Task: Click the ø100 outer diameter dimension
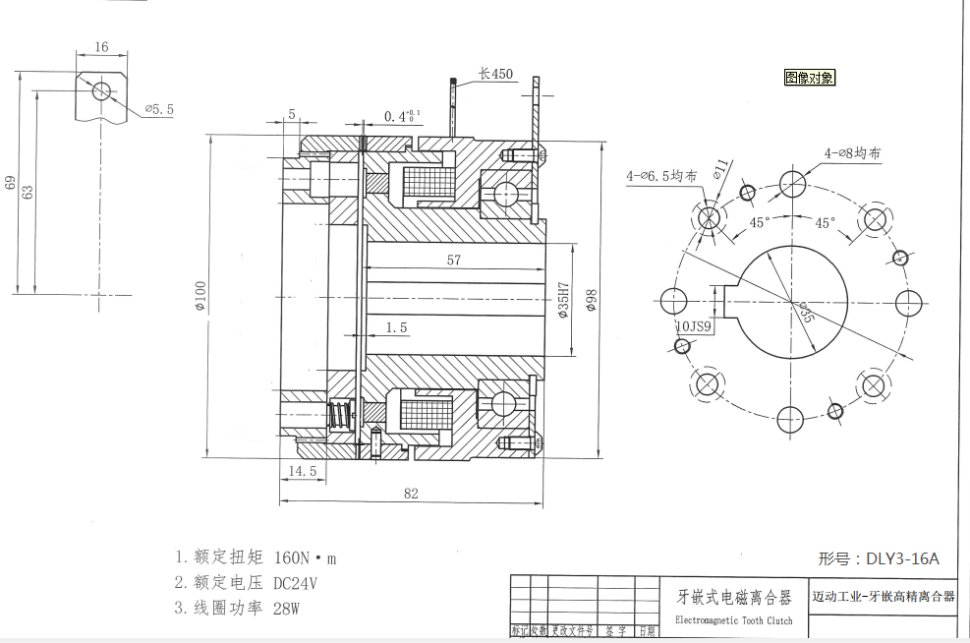coord(200,296)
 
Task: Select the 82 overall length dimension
coord(410,495)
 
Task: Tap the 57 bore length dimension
coord(453,261)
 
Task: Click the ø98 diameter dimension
coord(591,300)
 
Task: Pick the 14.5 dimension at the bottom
coord(303,471)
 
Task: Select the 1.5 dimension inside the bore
coord(397,326)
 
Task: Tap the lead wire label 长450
coord(495,74)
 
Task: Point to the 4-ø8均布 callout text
coord(852,153)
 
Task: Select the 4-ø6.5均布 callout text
coord(661,176)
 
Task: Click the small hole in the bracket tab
coord(101,90)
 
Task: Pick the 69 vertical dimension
coord(11,183)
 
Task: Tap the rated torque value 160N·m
coord(305,557)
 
